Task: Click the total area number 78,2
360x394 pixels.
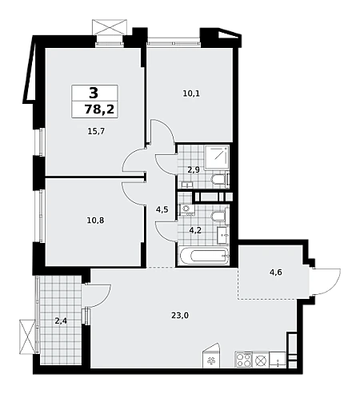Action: click(x=99, y=109)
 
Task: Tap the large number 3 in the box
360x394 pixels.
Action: click(x=94, y=94)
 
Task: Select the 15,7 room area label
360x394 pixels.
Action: click(x=96, y=131)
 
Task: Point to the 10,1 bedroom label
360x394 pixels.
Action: click(x=191, y=94)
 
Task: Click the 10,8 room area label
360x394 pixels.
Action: click(x=95, y=221)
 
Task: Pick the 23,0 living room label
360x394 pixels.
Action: click(x=180, y=316)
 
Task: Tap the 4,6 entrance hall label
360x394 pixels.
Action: click(x=276, y=273)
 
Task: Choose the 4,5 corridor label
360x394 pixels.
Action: click(x=162, y=209)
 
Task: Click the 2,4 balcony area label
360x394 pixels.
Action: click(x=61, y=321)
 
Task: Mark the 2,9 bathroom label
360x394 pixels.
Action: click(x=194, y=170)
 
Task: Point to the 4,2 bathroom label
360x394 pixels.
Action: click(x=195, y=229)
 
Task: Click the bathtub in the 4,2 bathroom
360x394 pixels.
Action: click(x=205, y=257)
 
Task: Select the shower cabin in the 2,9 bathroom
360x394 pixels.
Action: click(x=217, y=158)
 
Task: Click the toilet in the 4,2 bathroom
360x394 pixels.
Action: click(x=220, y=217)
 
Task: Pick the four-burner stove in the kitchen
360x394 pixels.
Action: click(x=243, y=360)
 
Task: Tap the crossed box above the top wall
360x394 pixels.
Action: click(x=110, y=27)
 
